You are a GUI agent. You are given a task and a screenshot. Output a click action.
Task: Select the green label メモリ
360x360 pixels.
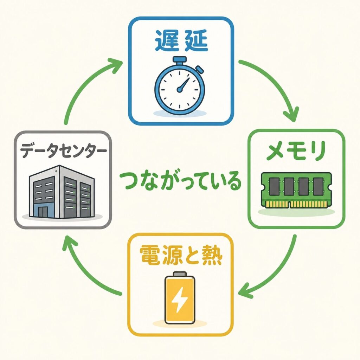pyautogui.click(x=296, y=151)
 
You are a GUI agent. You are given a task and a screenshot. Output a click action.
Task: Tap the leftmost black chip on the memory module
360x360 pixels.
pyautogui.click(x=274, y=186)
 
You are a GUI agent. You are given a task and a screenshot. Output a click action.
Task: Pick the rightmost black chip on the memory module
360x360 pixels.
pyautogui.click(x=318, y=186)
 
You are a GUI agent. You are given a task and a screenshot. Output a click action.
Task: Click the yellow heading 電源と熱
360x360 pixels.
pyautogui.click(x=181, y=255)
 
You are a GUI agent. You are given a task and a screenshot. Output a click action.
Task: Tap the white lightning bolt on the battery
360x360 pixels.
pyautogui.click(x=180, y=300)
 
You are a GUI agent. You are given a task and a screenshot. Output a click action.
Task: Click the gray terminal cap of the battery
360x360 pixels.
pyautogui.click(x=180, y=274)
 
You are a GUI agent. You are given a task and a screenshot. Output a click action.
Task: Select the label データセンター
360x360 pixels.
pyautogui.click(x=63, y=151)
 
